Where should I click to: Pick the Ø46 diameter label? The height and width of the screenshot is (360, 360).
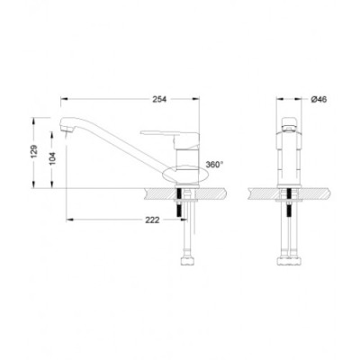tap(318, 99)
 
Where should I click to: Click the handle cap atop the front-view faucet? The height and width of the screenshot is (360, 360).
tap(289, 125)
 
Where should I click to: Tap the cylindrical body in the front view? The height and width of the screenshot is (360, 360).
tap(289, 162)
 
